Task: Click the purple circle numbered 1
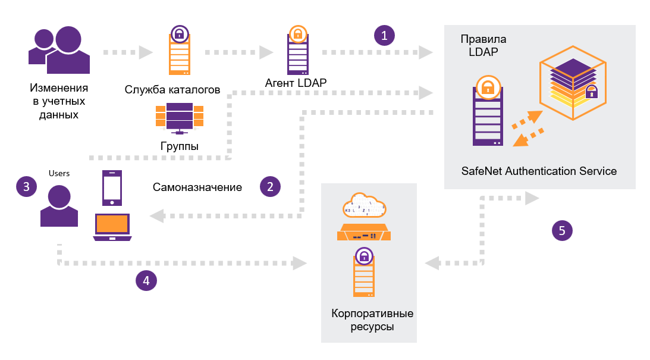[384, 35]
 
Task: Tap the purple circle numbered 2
[270, 186]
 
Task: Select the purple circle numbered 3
[26, 186]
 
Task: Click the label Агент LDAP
[296, 83]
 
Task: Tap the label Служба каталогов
[173, 90]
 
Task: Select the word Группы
[180, 146]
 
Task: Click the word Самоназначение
[197, 187]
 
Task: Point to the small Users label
[59, 174]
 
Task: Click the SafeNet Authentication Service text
[539, 171]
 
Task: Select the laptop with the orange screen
[112, 226]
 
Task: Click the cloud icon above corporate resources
[365, 208]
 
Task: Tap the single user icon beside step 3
[59, 206]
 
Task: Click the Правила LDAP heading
[483, 46]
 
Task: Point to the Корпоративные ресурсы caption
[372, 320]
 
